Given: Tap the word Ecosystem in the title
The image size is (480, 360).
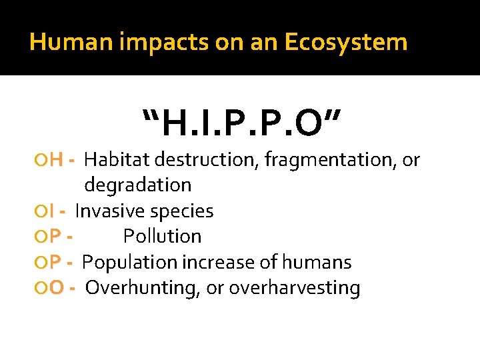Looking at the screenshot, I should pos(345,43).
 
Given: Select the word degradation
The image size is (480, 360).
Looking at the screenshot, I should pos(138,185).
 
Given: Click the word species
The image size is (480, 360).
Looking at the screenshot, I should pos(182,211).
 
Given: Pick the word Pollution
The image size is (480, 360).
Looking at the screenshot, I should pos(162,237).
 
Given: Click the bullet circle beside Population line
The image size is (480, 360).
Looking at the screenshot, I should pos(43,263).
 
